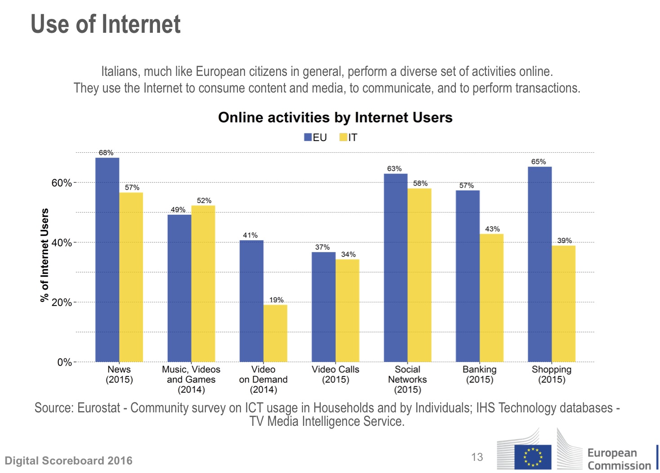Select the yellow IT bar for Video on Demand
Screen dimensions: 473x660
click(275, 333)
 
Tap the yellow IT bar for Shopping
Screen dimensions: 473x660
click(563, 304)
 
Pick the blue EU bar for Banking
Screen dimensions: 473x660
click(468, 276)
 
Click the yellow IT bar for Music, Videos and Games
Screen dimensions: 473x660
click(203, 283)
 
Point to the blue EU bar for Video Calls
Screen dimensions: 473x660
click(324, 307)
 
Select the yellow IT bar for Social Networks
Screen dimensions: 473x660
click(419, 275)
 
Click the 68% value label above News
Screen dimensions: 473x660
click(106, 153)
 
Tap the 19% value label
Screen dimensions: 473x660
click(276, 300)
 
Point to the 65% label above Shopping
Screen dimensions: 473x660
click(539, 162)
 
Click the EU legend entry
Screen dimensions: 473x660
click(316, 137)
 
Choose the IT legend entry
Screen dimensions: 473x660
click(348, 137)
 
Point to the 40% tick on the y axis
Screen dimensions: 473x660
click(62, 243)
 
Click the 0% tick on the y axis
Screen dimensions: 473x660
click(64, 362)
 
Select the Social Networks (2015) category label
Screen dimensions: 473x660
click(407, 380)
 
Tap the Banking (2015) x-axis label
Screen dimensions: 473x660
click(480, 375)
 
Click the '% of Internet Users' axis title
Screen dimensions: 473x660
click(45, 255)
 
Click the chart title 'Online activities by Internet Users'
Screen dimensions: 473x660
click(335, 117)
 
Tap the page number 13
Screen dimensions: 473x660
click(477, 457)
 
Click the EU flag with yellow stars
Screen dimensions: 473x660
click(533, 457)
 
